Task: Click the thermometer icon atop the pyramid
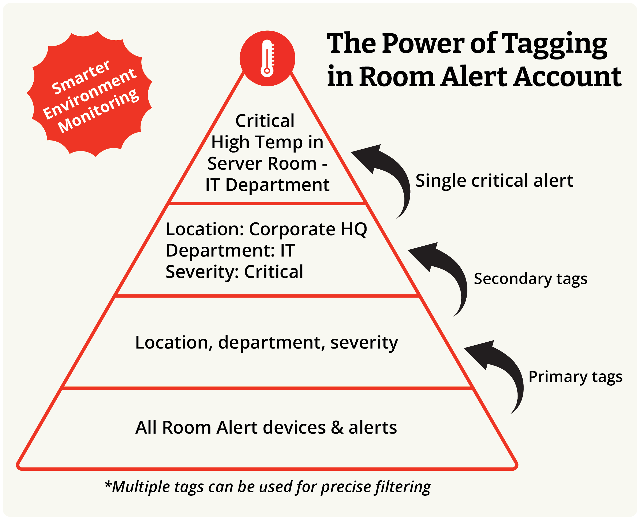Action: pos(267,58)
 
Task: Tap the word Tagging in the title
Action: pos(554,45)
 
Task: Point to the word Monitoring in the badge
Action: pos(98,111)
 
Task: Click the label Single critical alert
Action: pos(494,181)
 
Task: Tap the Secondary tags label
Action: pos(531,279)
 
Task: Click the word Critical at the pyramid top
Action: pos(265,121)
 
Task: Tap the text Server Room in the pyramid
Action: pos(262,163)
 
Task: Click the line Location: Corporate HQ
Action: pos(266,229)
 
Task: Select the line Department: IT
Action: pos(230,250)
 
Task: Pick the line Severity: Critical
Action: pos(234,272)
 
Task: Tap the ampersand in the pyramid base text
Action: pos(337,427)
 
